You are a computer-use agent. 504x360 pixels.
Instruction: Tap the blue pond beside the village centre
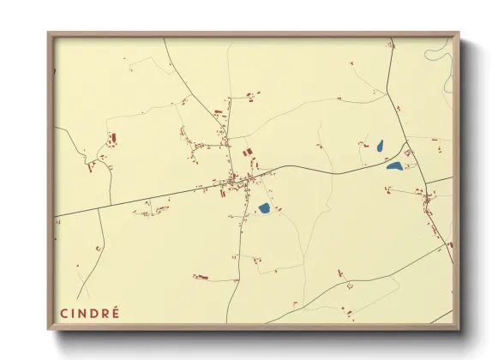point(264,207)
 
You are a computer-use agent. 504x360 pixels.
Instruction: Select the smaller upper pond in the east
point(379,146)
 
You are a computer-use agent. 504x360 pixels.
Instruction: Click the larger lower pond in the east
point(395,165)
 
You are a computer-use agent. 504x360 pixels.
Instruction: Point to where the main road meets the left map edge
point(56,215)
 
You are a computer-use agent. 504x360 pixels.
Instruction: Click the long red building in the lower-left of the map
point(201,277)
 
